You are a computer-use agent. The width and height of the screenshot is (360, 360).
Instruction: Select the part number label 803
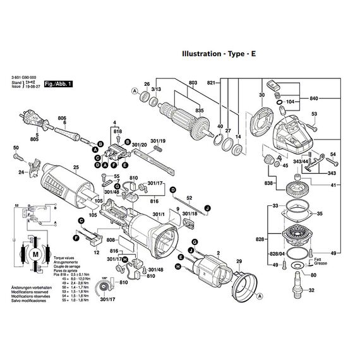(193, 83)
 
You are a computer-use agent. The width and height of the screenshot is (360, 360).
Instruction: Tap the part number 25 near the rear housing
(75, 167)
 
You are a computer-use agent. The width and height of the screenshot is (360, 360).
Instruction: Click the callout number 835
(201, 111)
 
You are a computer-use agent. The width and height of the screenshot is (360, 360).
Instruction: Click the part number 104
(291, 101)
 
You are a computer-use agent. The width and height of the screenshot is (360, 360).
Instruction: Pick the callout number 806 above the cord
(62, 118)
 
